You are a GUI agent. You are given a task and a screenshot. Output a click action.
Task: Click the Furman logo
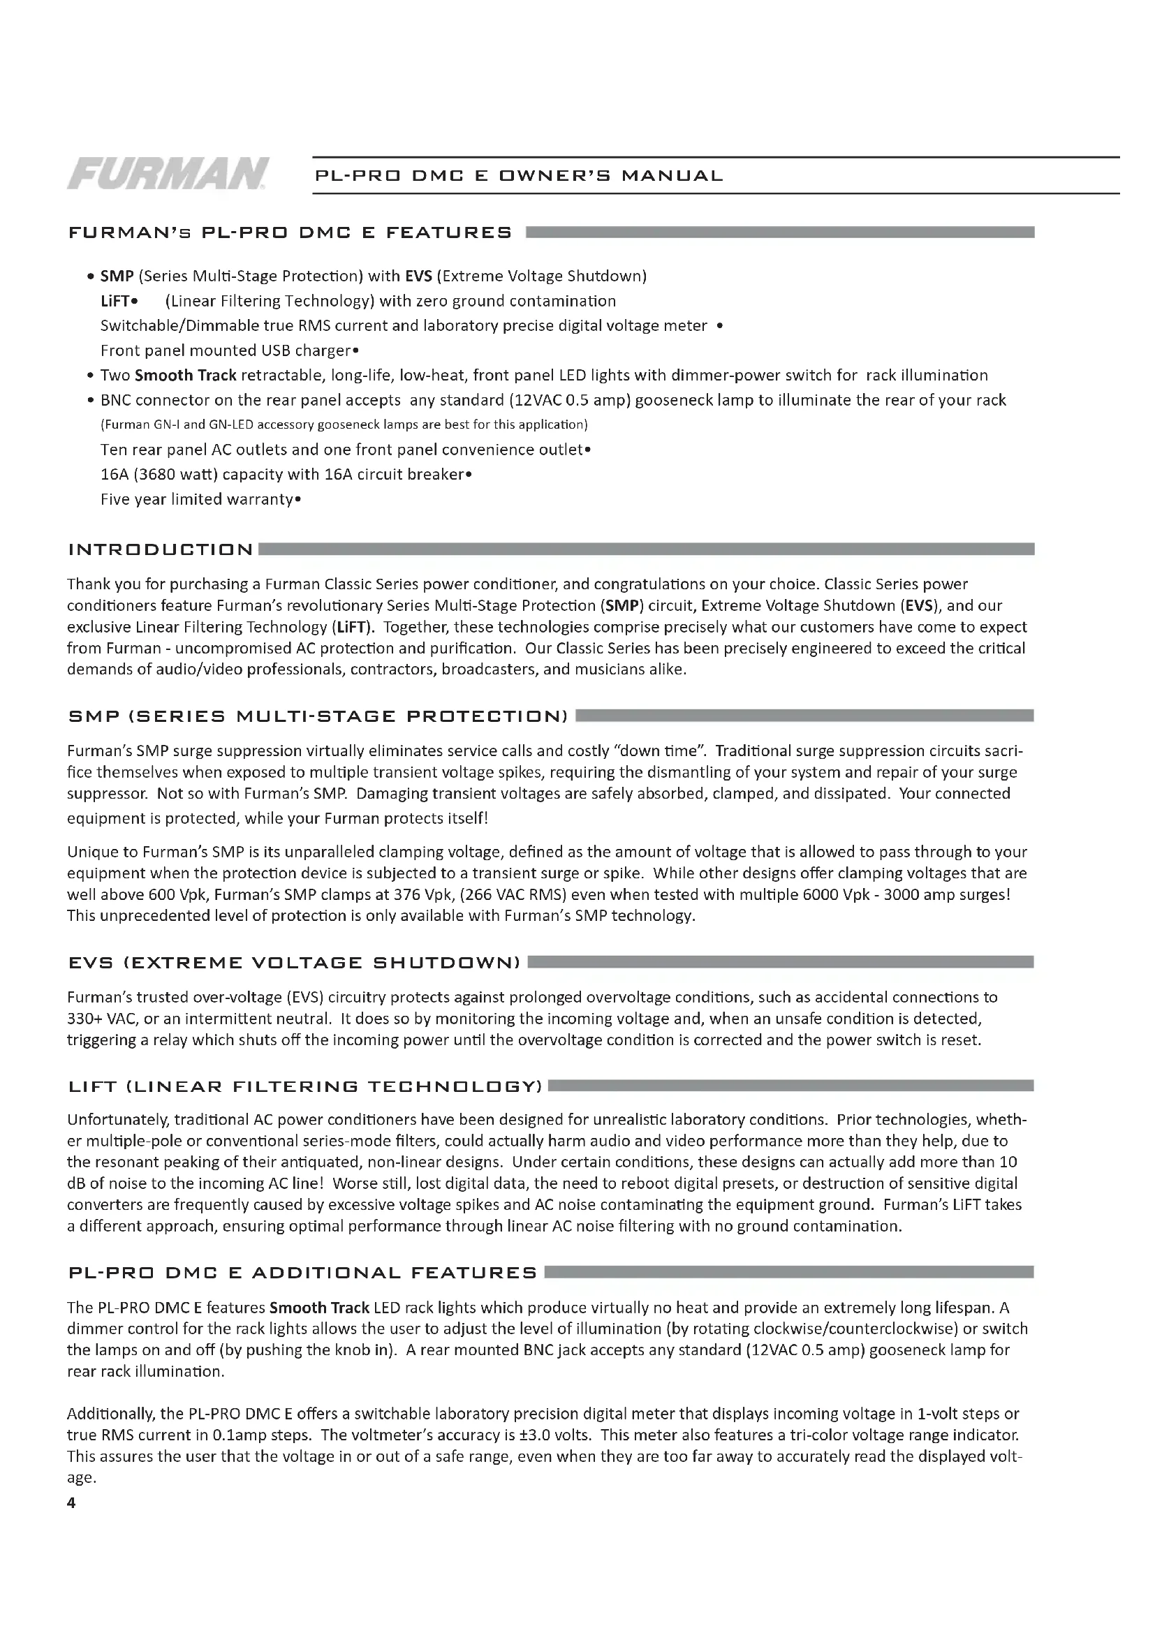click(168, 174)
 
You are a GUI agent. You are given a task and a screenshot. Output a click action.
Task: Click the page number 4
click(71, 1502)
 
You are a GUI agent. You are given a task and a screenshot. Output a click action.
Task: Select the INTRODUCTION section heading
click(161, 549)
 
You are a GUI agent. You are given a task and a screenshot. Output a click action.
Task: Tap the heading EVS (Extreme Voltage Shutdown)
click(295, 963)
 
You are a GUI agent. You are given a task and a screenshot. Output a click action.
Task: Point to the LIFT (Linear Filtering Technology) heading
click(305, 1086)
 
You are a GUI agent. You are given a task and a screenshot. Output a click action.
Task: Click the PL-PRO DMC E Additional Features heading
click(302, 1273)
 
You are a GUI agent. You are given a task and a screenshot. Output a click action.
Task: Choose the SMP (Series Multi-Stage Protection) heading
click(318, 716)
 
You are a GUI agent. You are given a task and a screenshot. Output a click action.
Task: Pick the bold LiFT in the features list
click(115, 301)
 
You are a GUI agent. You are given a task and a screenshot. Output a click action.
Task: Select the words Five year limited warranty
click(197, 499)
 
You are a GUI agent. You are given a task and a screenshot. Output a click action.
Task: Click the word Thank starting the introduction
click(88, 584)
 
